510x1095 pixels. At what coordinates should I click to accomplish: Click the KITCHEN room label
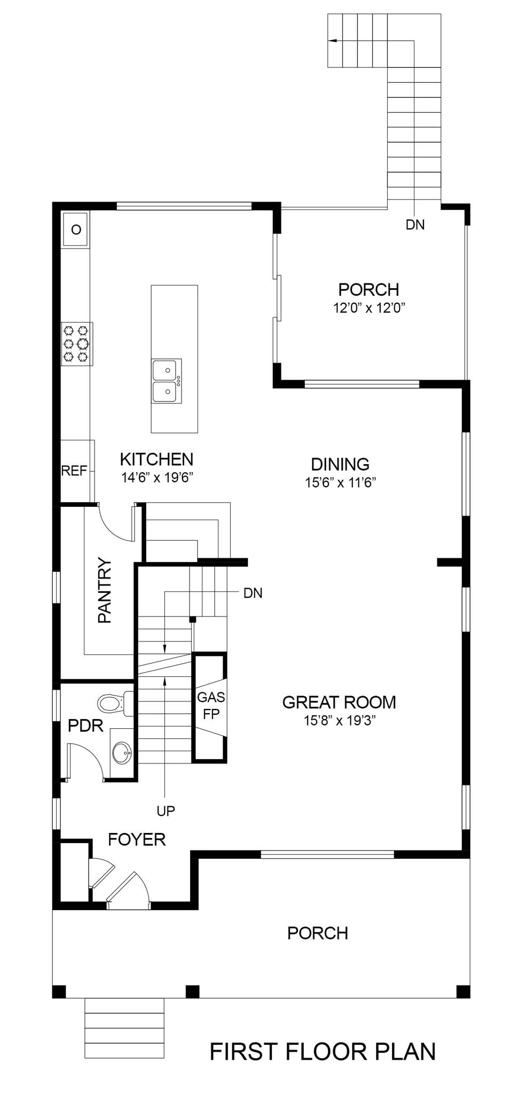pos(156,459)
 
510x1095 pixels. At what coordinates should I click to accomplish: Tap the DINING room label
pos(340,464)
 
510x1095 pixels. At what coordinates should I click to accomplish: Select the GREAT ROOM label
pos(339,701)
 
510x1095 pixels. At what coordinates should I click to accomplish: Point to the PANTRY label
pos(105,590)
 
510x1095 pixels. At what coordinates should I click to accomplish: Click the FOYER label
pos(137,839)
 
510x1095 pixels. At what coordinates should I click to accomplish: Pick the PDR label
pos(85,726)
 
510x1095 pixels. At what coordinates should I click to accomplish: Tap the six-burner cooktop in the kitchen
pos(76,344)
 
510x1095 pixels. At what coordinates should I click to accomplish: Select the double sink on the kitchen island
pos(167,381)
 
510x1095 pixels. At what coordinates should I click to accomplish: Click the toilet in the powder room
pos(115,703)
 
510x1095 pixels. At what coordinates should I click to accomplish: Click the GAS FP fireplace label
pos(211,705)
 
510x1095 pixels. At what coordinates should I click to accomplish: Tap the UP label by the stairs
pos(166,811)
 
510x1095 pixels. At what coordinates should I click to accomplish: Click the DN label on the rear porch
pos(415,225)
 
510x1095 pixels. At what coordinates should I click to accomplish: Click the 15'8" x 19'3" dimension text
pos(340,720)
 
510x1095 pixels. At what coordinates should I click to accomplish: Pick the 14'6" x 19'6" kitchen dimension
pos(156,477)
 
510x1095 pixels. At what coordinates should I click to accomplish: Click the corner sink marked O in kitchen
pos(76,229)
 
